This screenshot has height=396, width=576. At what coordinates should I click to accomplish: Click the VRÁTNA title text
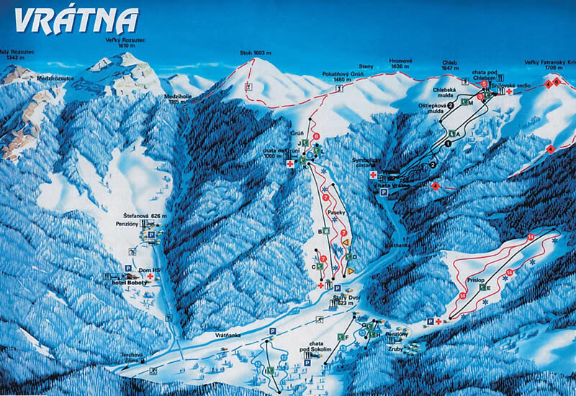coord(76,21)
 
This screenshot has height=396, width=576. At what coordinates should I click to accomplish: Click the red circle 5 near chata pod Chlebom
coord(484,84)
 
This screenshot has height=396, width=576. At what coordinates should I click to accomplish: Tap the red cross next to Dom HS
coord(150,276)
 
